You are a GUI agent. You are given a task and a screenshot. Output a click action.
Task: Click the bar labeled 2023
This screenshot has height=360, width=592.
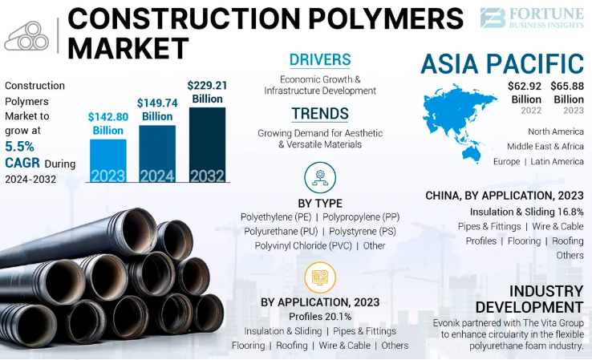[107, 163]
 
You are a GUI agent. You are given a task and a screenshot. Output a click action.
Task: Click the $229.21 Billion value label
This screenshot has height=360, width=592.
[207, 92]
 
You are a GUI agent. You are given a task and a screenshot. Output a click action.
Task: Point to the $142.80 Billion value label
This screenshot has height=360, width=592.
[107, 123]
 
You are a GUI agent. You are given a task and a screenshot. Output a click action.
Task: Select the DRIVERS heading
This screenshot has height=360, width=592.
[320, 60]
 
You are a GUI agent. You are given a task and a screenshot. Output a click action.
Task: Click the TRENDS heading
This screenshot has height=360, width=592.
[320, 114]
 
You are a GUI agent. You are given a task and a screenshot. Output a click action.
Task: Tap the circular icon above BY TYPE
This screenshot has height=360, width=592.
[320, 176]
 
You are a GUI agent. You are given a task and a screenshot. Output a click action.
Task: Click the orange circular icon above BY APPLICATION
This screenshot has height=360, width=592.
[320, 278]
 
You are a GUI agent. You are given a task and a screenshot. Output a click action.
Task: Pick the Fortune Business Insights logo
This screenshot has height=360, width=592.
[532, 18]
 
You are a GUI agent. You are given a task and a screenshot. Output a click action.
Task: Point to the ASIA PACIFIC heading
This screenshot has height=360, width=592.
[501, 63]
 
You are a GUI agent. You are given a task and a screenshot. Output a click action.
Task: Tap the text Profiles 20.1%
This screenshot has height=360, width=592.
[320, 317]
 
